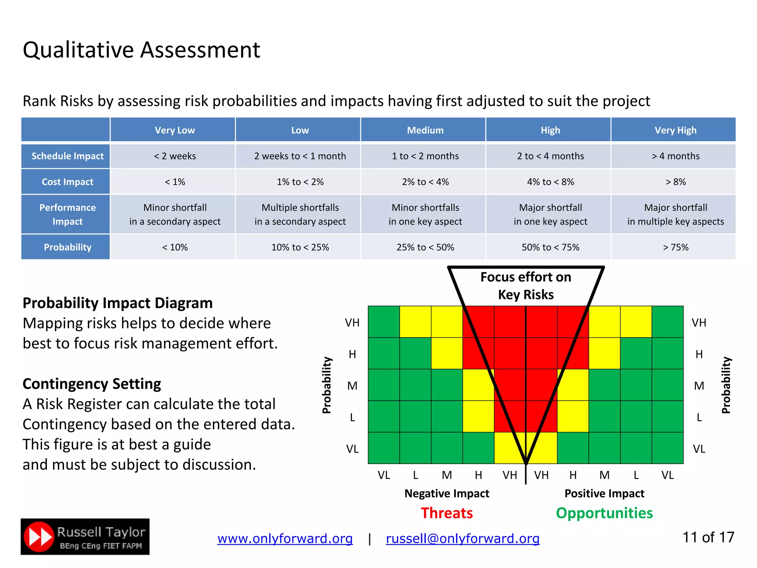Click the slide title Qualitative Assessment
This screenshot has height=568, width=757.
point(141,50)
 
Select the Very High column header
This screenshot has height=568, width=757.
point(675,130)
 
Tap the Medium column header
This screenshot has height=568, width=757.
point(425,130)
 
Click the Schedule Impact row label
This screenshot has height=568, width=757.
point(67,156)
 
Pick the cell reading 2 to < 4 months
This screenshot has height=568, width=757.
point(550,156)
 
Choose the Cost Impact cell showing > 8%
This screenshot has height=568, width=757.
point(675,182)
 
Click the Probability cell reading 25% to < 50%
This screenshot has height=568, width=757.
point(425,247)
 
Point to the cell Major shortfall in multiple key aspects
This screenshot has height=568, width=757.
point(675,214)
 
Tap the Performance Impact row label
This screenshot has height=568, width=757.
point(67,214)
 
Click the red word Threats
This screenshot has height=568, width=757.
point(447,513)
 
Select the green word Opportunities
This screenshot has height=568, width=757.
point(604,513)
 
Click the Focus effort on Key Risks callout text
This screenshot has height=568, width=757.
point(526,285)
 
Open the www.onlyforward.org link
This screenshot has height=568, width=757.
point(285,538)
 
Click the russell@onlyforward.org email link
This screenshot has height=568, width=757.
point(462,538)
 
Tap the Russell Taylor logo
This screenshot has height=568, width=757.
point(85,537)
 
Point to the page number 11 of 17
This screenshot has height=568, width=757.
point(708,537)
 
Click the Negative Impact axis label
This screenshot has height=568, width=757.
point(447,493)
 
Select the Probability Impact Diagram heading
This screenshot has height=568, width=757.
point(118,303)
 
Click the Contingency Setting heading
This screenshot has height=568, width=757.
point(92,384)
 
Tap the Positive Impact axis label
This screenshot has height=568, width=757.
point(604,493)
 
